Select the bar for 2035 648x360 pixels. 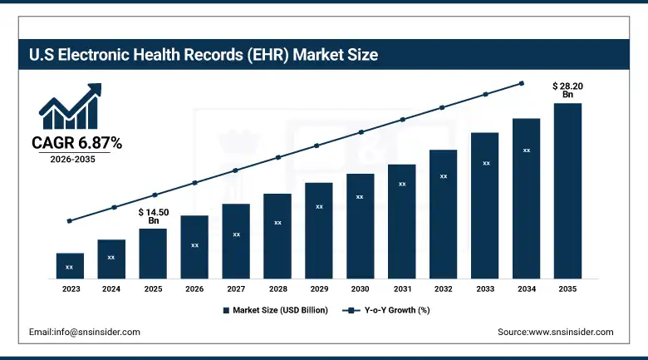(x=567, y=190)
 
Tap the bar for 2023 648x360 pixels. (x=70, y=265)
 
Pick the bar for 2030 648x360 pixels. (x=360, y=225)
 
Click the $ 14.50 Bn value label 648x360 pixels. (x=154, y=216)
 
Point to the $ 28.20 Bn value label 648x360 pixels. (x=567, y=90)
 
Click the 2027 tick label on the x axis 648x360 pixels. (x=236, y=288)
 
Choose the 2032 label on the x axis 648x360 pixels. (x=443, y=288)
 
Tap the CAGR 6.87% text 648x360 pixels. (x=76, y=144)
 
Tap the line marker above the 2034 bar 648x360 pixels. (x=522, y=83)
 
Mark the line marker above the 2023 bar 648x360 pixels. (x=70, y=221)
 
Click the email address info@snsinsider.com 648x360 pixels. (x=85, y=332)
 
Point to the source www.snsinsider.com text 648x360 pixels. (x=555, y=332)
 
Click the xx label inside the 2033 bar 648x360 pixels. (x=486, y=164)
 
